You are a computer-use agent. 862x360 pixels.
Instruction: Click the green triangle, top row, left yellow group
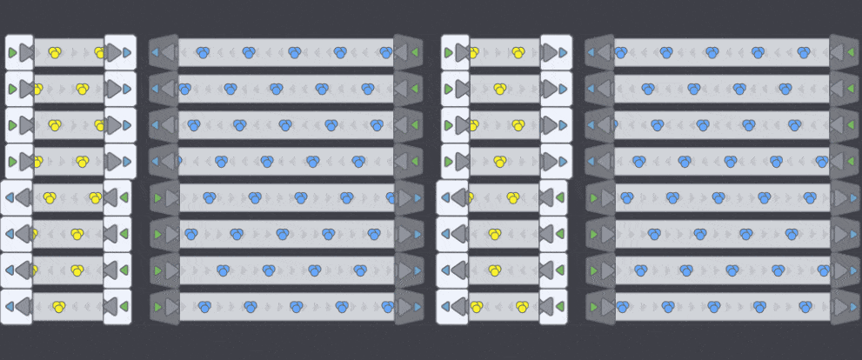[x=11, y=52]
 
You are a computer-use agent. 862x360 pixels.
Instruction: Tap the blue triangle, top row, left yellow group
[x=127, y=52]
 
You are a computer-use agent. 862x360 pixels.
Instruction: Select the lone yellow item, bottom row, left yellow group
[x=59, y=306]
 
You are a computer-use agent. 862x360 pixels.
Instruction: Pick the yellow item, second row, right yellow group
[x=500, y=89]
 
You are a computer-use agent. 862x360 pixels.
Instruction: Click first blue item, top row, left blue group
[x=203, y=52]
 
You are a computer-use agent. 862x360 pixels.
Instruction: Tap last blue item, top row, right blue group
[x=803, y=52]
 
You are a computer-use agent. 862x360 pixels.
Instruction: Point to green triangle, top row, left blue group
[x=415, y=52]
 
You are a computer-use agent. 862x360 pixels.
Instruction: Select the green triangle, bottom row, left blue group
[x=157, y=307]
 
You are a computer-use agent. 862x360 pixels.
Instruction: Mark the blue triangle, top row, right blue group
[x=591, y=52]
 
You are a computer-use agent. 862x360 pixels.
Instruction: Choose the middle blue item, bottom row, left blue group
[x=296, y=306]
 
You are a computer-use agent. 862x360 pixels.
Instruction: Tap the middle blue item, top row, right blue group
[x=712, y=52]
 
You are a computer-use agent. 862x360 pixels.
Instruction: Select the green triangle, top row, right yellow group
[x=448, y=52]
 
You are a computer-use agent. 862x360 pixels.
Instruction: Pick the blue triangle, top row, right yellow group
[x=564, y=52]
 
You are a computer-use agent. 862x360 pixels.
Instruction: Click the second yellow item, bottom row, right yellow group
[x=522, y=306]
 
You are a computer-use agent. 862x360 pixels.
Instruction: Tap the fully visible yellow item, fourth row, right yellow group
[x=500, y=161]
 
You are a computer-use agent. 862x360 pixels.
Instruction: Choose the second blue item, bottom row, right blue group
[x=668, y=306]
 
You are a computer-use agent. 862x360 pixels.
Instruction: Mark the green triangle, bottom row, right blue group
[x=593, y=307]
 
